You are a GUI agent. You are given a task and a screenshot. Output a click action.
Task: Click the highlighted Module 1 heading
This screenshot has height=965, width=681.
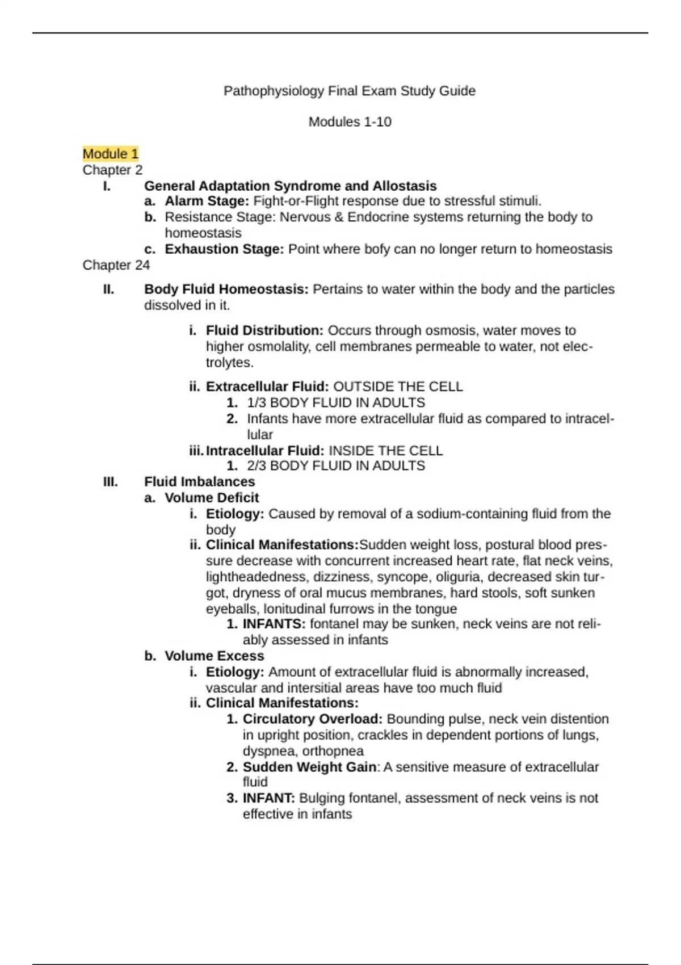[111, 154]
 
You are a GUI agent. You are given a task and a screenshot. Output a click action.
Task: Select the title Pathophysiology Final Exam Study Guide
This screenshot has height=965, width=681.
[350, 91]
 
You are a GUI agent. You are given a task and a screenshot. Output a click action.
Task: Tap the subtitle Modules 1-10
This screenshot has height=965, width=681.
[350, 122]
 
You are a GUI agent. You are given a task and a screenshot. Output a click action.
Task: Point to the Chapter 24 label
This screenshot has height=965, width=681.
[116, 265]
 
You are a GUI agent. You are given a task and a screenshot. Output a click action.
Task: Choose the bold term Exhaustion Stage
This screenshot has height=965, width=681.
[224, 249]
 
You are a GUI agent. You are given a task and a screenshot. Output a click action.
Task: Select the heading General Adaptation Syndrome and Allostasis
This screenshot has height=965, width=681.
[290, 186]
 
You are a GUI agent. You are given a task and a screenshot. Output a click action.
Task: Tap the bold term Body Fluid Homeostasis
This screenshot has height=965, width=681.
[226, 289]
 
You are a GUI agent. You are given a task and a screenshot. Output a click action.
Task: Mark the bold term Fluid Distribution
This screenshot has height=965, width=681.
[264, 330]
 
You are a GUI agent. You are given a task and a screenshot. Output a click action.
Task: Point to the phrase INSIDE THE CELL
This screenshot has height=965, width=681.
[385, 451]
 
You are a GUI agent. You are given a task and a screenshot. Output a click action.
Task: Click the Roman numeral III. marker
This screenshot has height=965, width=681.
[110, 482]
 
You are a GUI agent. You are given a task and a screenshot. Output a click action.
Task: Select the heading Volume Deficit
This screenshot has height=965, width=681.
[212, 498]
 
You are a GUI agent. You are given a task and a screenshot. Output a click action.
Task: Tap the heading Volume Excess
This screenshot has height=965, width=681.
[214, 656]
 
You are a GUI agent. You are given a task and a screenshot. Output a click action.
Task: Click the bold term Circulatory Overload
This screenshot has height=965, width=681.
[312, 719]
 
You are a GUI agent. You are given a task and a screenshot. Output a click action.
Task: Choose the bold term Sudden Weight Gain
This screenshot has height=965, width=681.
[309, 767]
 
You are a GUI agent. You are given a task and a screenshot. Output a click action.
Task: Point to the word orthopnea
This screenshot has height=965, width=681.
[333, 752]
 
